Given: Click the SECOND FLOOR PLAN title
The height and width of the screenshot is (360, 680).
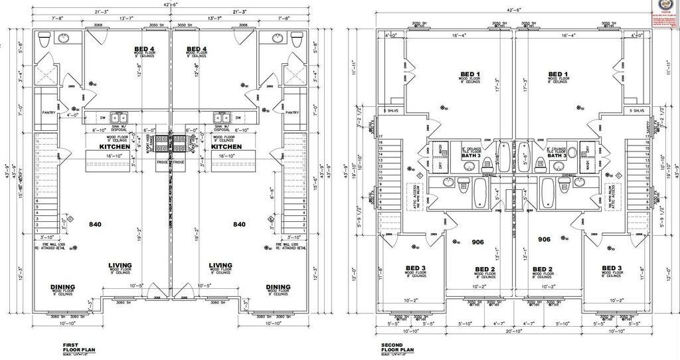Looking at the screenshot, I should pyautogui.click(x=397, y=347).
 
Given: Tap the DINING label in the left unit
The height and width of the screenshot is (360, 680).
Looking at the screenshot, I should pyautogui.click(x=62, y=287).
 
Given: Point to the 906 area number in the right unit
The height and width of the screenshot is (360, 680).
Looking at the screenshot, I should pyautogui.click(x=544, y=239).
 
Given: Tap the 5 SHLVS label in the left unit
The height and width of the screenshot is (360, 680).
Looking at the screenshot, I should pyautogui.click(x=389, y=110).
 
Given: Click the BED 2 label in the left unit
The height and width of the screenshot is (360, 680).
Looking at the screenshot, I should pyautogui.click(x=485, y=269).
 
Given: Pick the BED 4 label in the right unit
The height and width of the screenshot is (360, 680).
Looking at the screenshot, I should pyautogui.click(x=197, y=49).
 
